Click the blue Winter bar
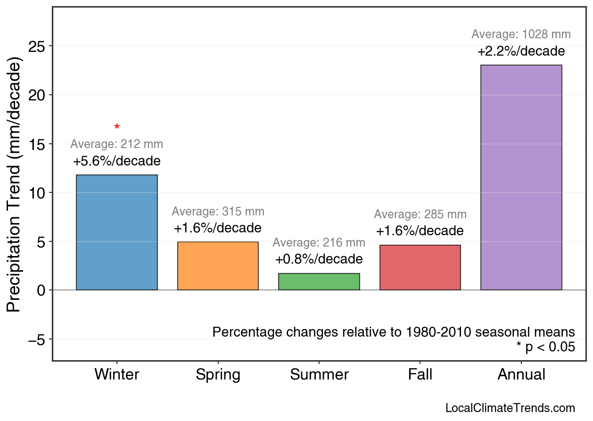tap(117, 232)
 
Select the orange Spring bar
tap(218, 266)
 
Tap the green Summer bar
tap(319, 281)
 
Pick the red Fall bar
tap(420, 267)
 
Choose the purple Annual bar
tap(521, 178)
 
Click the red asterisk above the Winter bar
tap(117, 127)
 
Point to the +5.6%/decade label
tap(117, 161)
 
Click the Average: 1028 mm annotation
tap(521, 34)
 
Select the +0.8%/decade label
tap(319, 259)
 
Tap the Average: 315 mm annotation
tap(218, 212)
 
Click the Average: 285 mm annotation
tap(420, 215)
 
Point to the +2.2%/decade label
tap(521, 51)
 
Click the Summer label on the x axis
tap(319, 375)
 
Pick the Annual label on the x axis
tap(521, 375)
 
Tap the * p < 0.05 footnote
tap(545, 347)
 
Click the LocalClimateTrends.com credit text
tap(510, 408)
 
